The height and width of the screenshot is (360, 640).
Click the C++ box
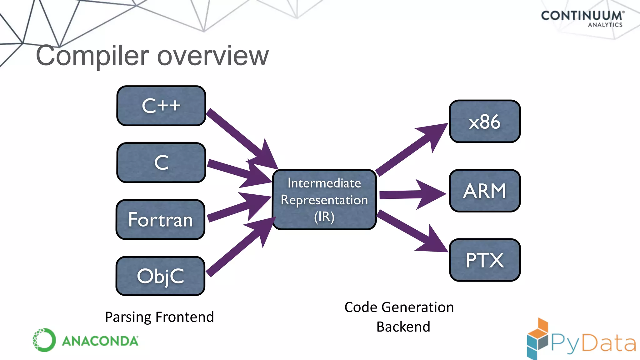[161, 106]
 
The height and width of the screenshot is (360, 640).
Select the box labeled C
[161, 162]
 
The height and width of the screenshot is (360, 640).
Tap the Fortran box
[161, 219]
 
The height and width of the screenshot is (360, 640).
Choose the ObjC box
[161, 276]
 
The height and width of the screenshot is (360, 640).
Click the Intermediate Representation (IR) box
[324, 200]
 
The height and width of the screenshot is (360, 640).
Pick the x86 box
[485, 122]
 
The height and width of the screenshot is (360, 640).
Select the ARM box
[485, 191]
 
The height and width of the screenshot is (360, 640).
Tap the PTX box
[485, 260]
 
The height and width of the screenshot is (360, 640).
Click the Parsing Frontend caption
[159, 317]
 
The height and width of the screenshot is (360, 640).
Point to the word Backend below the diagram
[403, 327]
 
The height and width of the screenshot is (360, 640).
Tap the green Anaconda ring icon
[44, 340]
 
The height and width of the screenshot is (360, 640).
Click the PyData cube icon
[537, 339]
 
